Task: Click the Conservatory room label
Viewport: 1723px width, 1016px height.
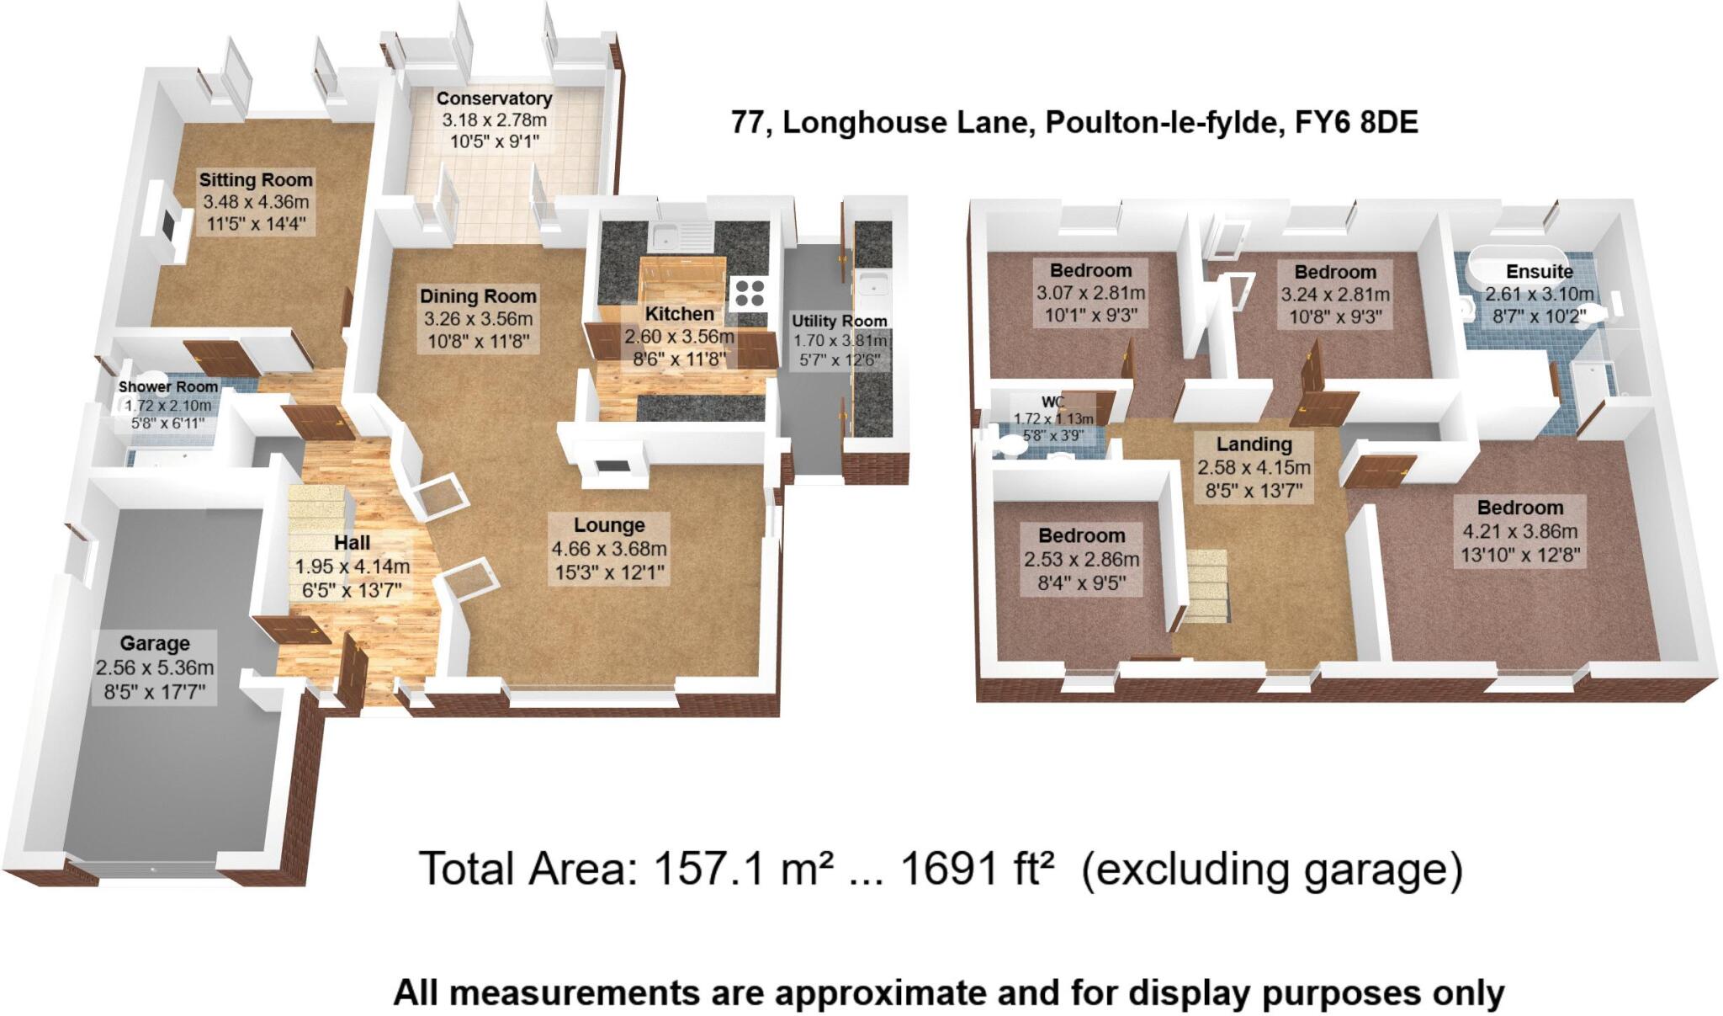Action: coord(494,99)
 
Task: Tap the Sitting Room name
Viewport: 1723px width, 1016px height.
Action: coord(255,180)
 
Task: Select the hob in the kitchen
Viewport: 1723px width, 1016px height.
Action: coord(749,293)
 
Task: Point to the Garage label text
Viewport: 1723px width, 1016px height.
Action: coord(155,644)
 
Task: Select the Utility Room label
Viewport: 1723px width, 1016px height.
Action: coord(839,322)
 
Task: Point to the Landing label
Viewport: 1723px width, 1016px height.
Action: coord(1254,444)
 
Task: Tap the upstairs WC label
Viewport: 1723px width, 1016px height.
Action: coord(1052,402)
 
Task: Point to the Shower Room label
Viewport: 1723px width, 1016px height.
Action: coord(168,387)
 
